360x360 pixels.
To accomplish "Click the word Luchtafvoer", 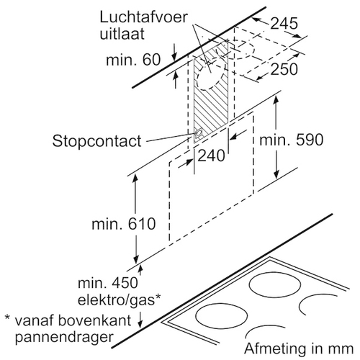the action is coord(143,17).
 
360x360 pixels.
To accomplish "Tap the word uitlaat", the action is coord(122,34).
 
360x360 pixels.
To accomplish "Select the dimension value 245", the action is coord(284,24).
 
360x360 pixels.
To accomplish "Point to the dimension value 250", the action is coord(284,69).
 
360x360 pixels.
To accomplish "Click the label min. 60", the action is coord(133,60).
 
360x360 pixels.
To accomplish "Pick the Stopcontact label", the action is coord(96,141).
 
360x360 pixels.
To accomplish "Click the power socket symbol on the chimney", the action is coord(199,132).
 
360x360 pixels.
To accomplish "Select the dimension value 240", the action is coord(211,156).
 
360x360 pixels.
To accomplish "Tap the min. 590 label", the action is coord(292,140).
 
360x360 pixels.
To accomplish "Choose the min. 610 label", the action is coord(124,224).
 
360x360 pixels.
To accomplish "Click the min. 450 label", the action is coord(108,283).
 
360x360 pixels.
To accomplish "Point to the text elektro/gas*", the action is coord(119,300).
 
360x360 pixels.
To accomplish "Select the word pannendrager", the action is coord(64,338).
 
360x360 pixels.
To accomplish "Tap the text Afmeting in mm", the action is coord(299,348).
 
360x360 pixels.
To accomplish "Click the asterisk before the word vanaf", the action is coord(7,318).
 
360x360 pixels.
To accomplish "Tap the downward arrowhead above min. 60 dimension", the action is coord(175,57).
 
